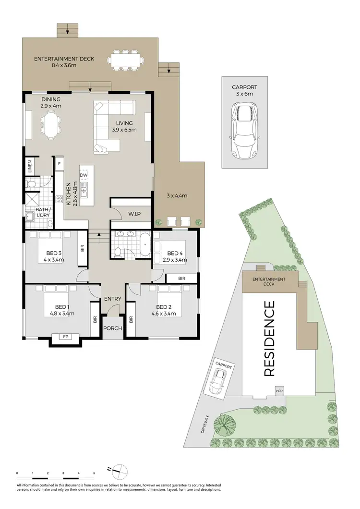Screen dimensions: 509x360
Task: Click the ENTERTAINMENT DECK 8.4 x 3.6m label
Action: (x=64, y=62)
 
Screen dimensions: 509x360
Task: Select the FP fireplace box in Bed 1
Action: (x=65, y=337)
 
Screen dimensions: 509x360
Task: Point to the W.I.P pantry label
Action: (x=134, y=213)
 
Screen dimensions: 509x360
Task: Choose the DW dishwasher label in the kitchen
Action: (x=84, y=175)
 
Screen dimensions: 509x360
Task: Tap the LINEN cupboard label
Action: (x=30, y=166)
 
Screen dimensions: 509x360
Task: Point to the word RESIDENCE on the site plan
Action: (x=269, y=338)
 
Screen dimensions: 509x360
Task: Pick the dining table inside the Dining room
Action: (x=51, y=124)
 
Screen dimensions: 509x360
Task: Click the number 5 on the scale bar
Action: (x=94, y=473)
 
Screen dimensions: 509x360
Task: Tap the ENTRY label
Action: (x=113, y=299)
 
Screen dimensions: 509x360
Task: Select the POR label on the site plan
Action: (x=279, y=391)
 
